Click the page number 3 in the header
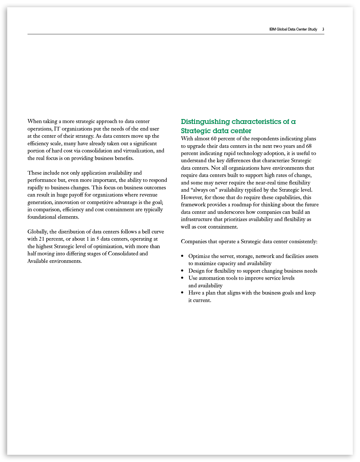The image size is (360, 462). pos(323,29)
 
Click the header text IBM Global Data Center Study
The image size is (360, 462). pos(293,29)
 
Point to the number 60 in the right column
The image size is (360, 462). pos(213,139)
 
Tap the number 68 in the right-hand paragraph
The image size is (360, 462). pos(309,146)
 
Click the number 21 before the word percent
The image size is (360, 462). pos(41,239)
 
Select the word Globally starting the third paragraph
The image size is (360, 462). pos(38,232)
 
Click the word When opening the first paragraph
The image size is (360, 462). pos(35,121)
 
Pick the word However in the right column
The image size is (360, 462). pos(191,197)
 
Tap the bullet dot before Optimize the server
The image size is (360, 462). pos(182,256)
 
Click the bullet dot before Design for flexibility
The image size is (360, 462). pos(182,271)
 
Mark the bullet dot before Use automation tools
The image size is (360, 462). pos(182,278)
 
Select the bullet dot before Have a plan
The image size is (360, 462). pos(182,293)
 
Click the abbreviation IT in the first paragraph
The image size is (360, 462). pos(57,129)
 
